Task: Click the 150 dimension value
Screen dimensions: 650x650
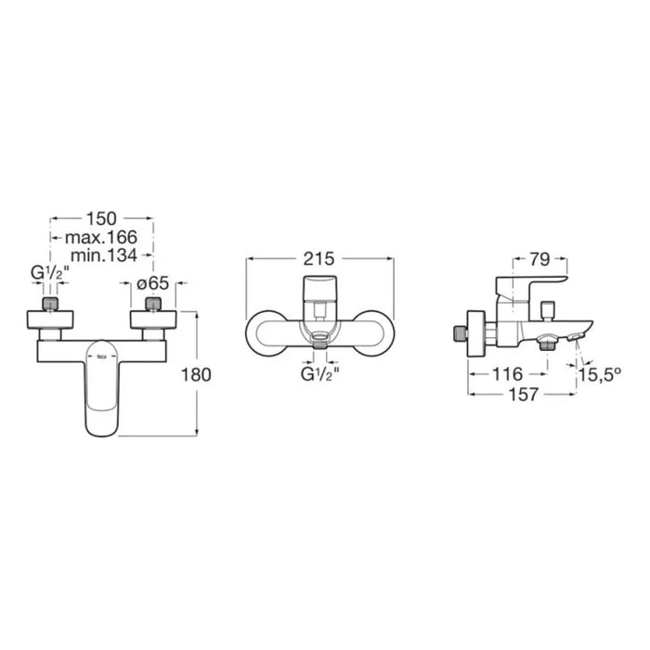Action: [x=101, y=218]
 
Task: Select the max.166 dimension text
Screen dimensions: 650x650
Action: [x=101, y=238]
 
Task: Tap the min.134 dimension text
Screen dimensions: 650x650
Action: [x=104, y=255]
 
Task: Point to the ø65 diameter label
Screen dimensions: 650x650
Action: [x=153, y=283]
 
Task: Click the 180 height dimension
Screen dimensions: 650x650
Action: [x=196, y=375]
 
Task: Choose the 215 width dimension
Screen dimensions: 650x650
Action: [x=318, y=259]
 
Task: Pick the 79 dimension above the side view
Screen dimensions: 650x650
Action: [x=539, y=259]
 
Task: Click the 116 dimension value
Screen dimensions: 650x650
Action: [x=507, y=374]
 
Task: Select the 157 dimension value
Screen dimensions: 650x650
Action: [x=523, y=395]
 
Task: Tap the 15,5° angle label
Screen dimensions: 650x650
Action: [x=600, y=375]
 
